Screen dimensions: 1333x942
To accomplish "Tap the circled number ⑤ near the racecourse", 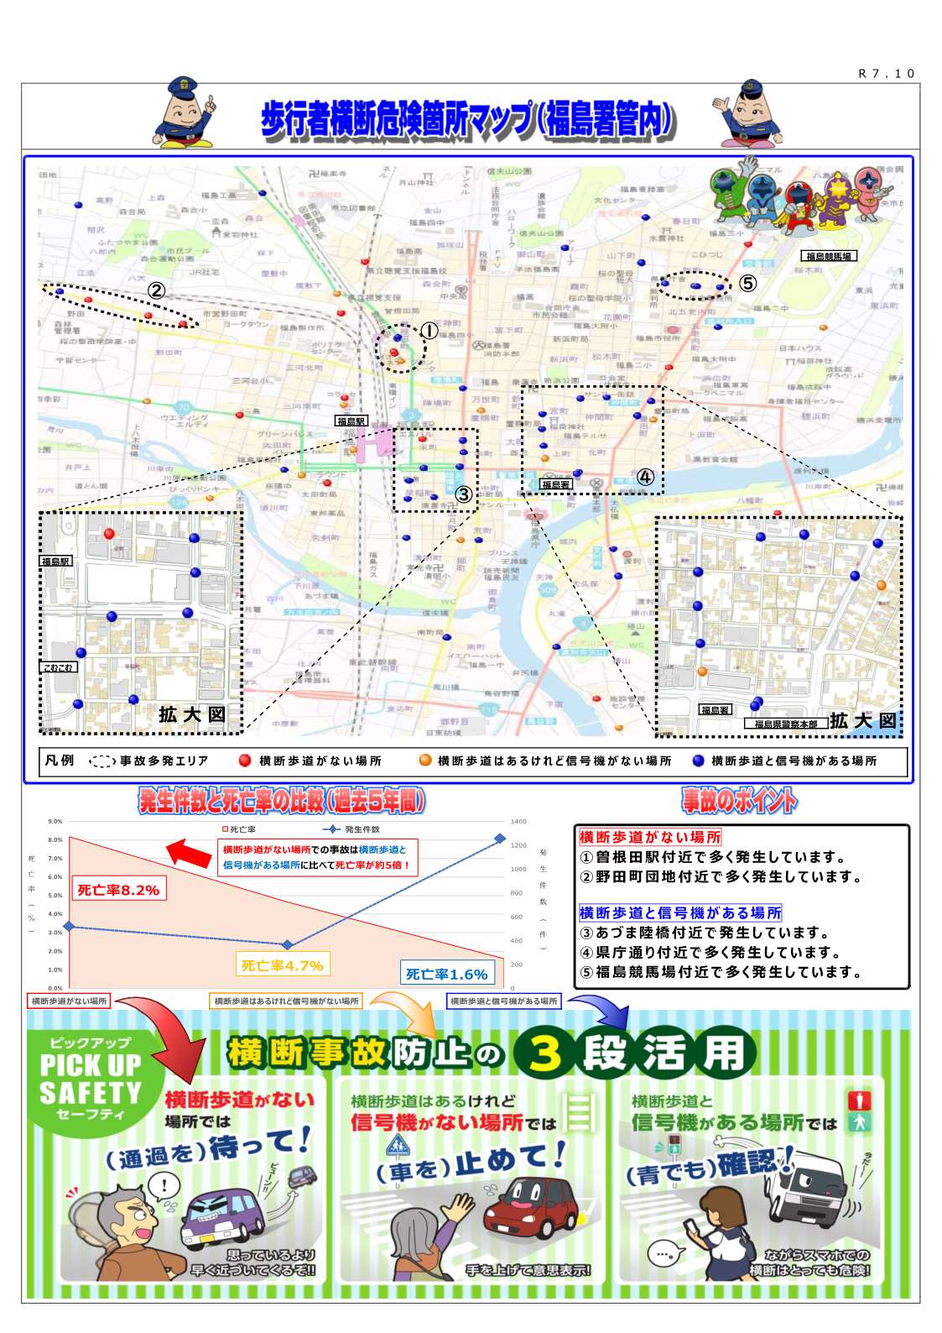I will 747,284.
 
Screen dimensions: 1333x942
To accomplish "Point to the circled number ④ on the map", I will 645,477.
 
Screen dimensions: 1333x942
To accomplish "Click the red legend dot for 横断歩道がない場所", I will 245,761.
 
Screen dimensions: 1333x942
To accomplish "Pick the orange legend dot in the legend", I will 425,761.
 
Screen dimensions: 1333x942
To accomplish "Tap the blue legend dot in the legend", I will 698,761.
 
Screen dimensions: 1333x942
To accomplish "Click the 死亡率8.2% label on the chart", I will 118,890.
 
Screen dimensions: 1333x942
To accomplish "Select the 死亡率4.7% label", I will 282,965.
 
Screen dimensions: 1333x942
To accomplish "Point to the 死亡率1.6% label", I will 446,974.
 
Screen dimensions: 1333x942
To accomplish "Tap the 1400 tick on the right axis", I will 518,822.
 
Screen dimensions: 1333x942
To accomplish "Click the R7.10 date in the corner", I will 886,74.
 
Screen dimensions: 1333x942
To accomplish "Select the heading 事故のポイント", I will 739,802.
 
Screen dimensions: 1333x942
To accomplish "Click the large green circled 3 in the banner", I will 545,1053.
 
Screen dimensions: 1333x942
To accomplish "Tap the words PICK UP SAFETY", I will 91,1079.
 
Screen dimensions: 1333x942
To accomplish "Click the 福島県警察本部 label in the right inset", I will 785,724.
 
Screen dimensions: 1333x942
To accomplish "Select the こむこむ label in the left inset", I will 58,667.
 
